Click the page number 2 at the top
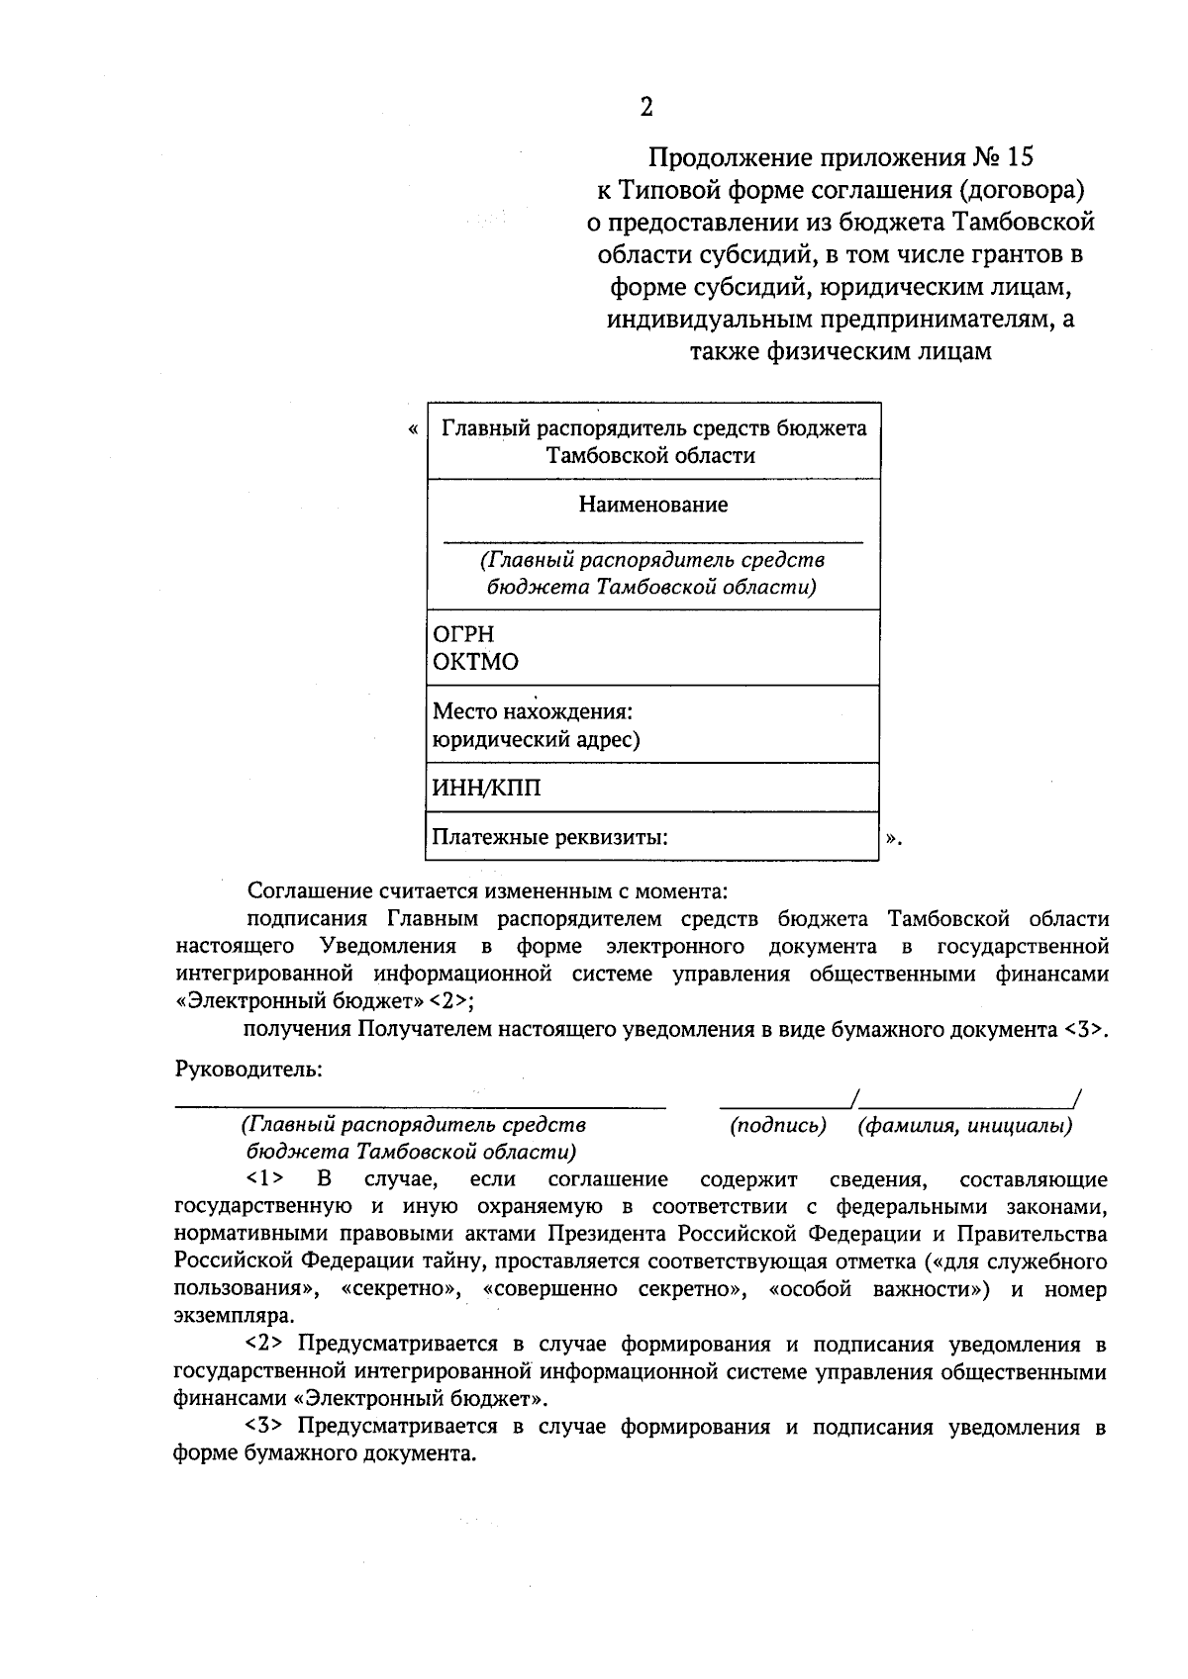[645, 108]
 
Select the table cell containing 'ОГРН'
[653, 647]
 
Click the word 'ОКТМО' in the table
[476, 662]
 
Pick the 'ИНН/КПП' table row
[653, 789]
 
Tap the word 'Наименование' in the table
[653, 505]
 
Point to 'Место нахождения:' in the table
[533, 711]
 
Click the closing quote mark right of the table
[892, 839]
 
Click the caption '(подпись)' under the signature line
[777, 1126]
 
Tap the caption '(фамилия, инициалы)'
[965, 1126]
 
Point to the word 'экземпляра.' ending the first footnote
[234, 1317]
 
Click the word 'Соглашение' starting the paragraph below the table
[305, 891]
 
